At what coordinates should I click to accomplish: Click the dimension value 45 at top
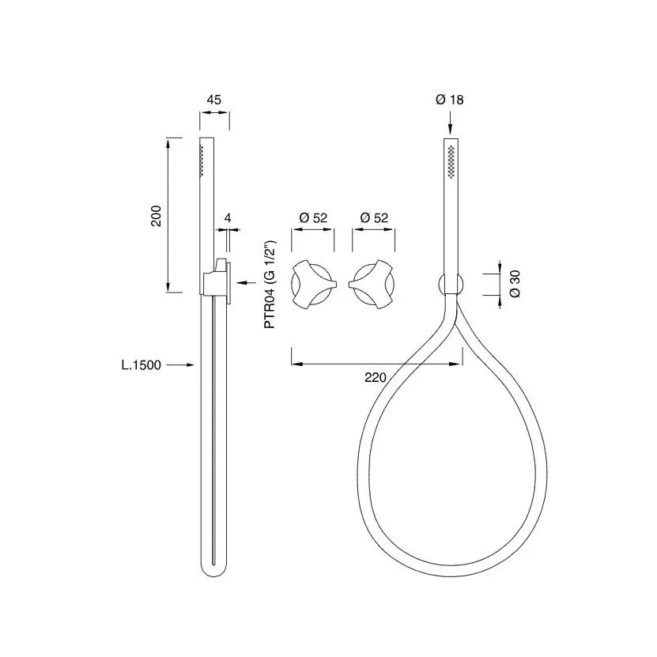(213, 100)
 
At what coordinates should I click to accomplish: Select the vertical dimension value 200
(156, 216)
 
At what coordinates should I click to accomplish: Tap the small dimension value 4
(228, 218)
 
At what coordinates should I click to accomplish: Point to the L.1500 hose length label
(142, 365)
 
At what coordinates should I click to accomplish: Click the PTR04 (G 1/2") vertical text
(270, 285)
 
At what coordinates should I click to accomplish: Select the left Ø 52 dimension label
(313, 218)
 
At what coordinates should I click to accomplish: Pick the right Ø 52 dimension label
(374, 218)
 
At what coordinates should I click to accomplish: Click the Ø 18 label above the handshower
(450, 100)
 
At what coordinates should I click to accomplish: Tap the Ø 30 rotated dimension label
(515, 284)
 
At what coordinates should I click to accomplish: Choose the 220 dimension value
(375, 378)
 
